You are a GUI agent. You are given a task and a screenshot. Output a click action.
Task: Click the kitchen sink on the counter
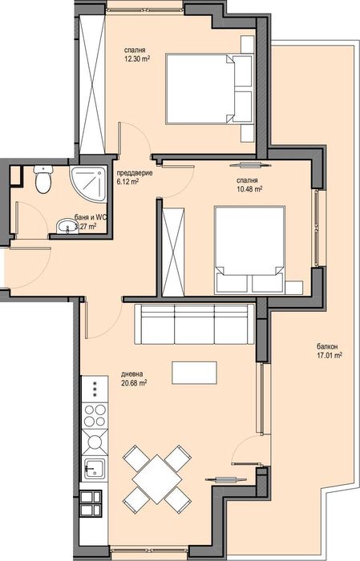pyautogui.click(x=94, y=469)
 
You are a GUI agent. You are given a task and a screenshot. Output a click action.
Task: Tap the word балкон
pyautogui.click(x=327, y=346)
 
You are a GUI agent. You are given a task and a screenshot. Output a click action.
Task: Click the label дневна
pyautogui.click(x=132, y=373)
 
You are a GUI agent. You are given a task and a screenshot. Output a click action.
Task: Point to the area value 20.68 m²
pyautogui.click(x=134, y=382)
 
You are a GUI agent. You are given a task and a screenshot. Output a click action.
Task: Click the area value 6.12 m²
pyautogui.click(x=127, y=182)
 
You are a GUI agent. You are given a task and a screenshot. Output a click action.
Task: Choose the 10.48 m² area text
pyautogui.click(x=250, y=189)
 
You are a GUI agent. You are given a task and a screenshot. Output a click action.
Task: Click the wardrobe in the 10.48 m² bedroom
pyautogui.click(x=172, y=249)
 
